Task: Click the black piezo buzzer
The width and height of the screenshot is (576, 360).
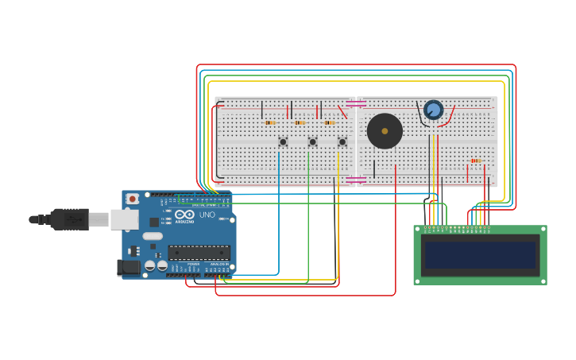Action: tap(385, 130)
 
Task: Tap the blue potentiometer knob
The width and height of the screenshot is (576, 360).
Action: tap(433, 110)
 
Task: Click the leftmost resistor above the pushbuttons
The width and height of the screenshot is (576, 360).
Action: tap(270, 122)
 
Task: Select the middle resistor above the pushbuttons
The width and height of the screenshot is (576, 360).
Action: tap(300, 122)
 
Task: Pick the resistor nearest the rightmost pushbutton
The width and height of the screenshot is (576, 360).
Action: tap(329, 122)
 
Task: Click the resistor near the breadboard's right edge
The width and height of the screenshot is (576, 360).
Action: tap(476, 161)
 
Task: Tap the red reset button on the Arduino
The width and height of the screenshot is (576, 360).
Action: tap(133, 198)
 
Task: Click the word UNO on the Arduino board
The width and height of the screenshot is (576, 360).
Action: tap(207, 215)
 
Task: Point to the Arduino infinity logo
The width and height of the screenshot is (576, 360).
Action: tap(184, 214)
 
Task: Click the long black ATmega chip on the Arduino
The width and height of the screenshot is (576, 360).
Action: tap(199, 253)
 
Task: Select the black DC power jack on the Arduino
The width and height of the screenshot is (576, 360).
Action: tap(128, 268)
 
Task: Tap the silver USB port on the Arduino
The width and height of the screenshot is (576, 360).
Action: tap(124, 219)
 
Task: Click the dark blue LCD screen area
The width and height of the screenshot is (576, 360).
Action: tap(480, 255)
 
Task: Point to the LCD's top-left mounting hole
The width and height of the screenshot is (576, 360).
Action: tap(418, 230)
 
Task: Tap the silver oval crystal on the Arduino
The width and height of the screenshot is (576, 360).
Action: tap(153, 236)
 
